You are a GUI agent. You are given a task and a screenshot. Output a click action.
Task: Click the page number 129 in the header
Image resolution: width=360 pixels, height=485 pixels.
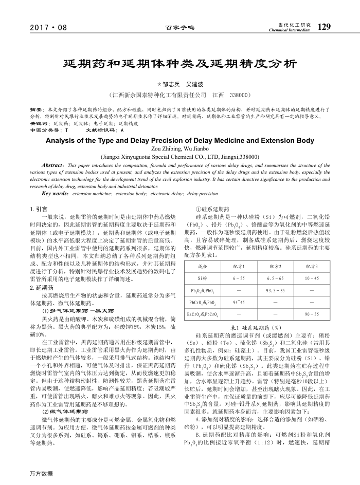tap(324, 26)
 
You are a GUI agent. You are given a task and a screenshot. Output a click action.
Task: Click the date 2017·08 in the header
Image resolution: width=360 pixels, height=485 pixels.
tap(49, 27)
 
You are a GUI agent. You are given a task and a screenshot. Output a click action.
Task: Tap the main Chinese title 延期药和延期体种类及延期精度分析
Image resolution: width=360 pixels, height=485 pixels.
tap(179, 64)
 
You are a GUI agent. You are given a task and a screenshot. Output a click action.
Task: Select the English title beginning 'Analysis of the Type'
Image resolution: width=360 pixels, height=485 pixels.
tap(180, 140)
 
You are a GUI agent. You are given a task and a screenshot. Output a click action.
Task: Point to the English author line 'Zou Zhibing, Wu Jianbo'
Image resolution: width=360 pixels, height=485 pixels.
tap(180, 148)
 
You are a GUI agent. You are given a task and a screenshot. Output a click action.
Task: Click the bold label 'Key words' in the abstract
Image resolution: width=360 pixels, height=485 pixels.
tap(56, 194)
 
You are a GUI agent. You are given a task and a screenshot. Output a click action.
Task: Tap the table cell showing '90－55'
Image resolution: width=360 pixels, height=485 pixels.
tap(312, 313)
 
